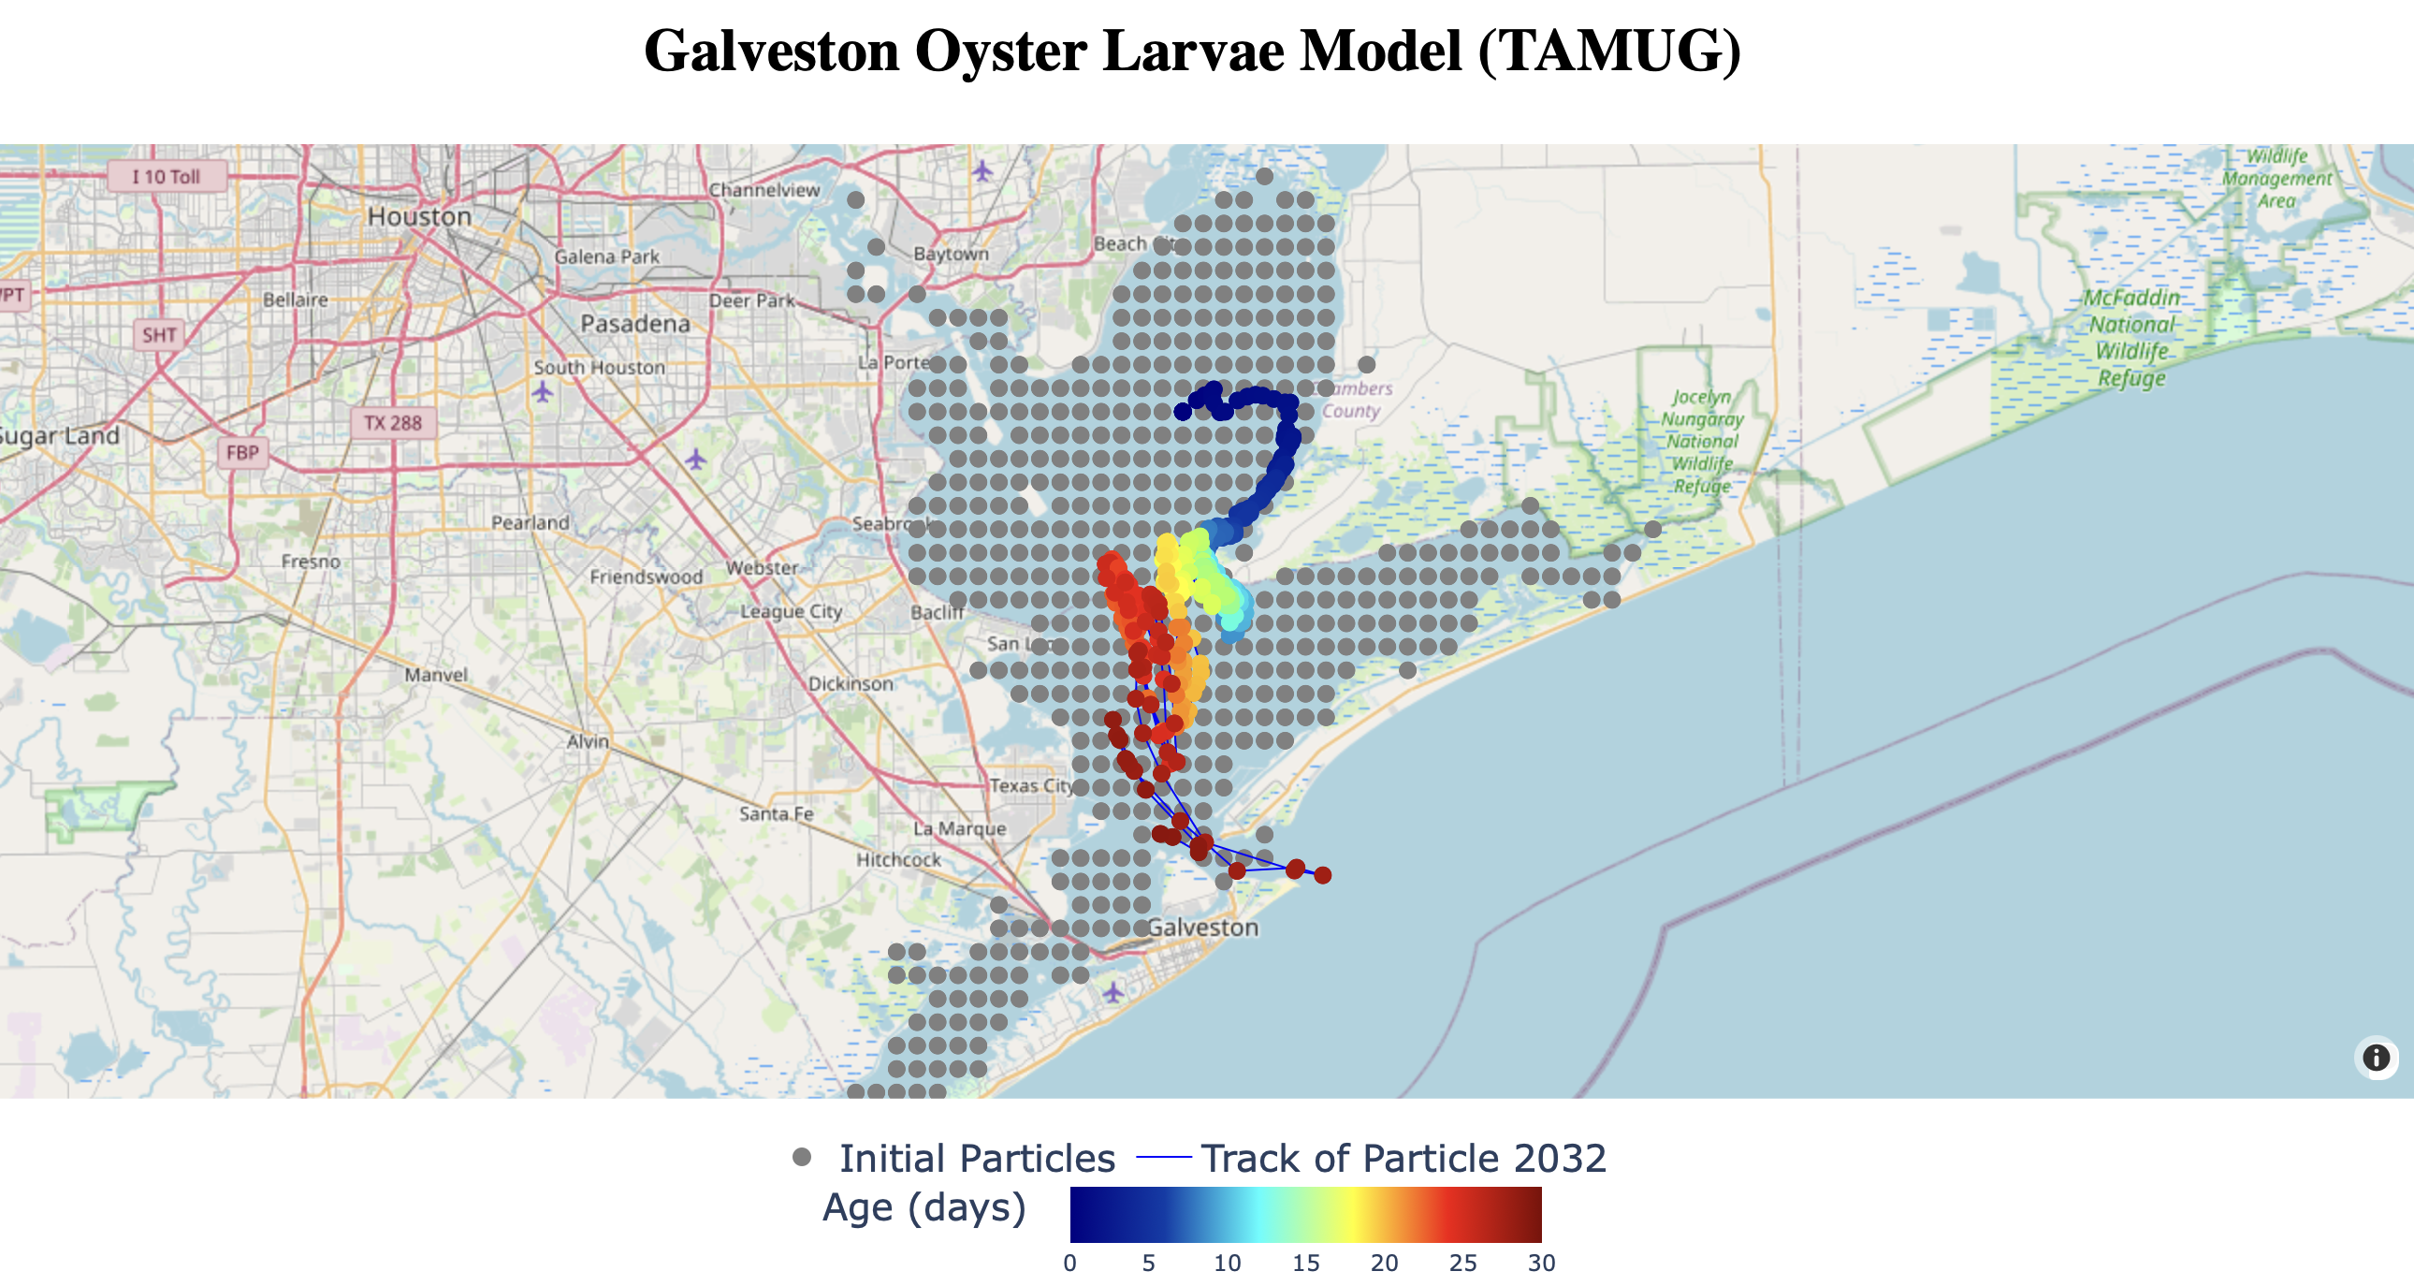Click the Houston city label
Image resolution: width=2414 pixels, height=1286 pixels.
[x=419, y=216]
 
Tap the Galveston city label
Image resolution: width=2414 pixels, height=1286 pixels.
[x=1202, y=927]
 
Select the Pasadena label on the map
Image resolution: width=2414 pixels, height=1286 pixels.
[x=634, y=325]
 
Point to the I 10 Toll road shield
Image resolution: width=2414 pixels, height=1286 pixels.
[x=166, y=176]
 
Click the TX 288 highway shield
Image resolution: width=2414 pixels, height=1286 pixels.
[x=393, y=423]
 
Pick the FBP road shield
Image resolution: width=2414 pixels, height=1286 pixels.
[x=241, y=453]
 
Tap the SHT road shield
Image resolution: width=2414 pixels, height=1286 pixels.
[x=158, y=335]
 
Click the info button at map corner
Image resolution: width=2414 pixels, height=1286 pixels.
[x=2375, y=1058]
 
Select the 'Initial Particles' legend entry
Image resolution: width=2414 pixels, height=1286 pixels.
[x=976, y=1159]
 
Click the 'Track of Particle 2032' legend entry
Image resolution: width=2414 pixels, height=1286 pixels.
[x=1402, y=1159]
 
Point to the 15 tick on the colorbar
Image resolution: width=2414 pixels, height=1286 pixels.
[x=1305, y=1264]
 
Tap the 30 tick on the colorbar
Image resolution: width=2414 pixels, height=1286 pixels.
[x=1541, y=1264]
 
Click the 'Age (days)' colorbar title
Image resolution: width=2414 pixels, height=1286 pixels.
[x=924, y=1207]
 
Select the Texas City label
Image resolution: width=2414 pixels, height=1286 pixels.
[x=1032, y=785]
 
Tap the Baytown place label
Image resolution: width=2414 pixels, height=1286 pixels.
[x=951, y=254]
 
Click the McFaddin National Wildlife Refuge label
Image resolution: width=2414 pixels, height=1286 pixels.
[x=2131, y=338]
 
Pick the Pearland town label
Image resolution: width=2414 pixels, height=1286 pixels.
[x=530, y=522]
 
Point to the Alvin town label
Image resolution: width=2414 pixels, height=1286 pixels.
[x=588, y=741]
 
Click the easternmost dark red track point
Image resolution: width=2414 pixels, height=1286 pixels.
[x=1322, y=875]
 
